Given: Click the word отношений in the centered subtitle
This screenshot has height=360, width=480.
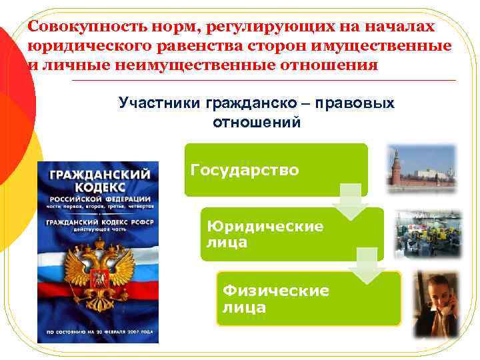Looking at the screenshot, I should tap(257, 123).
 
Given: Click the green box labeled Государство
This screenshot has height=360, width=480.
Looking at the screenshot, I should tap(276, 169).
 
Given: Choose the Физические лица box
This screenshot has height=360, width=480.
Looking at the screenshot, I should tap(308, 298).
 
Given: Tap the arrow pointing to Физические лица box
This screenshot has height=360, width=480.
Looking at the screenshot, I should tap(369, 266).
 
